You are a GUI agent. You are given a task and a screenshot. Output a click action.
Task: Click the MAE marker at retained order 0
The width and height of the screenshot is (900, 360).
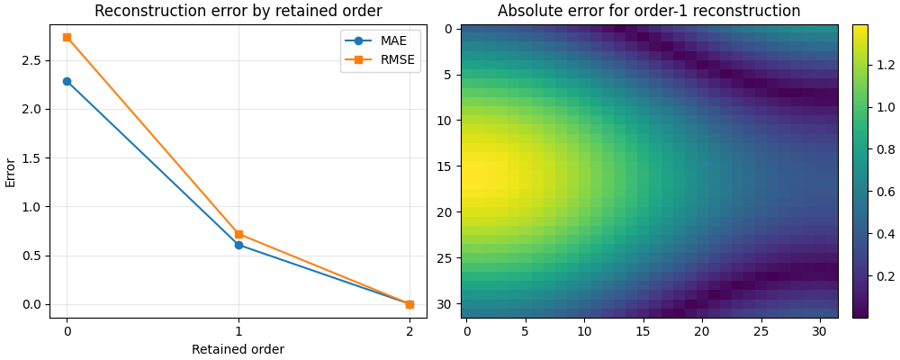coord(67,81)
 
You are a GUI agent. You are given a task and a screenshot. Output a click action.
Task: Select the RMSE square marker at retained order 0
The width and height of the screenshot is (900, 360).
coord(67,37)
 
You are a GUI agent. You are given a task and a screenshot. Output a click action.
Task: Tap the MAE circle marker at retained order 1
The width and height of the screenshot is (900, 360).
coord(238,245)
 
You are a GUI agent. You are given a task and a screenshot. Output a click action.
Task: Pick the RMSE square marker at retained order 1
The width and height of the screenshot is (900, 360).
coord(238,234)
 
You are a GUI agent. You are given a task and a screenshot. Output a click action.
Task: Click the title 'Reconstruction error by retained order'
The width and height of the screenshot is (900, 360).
coord(238,12)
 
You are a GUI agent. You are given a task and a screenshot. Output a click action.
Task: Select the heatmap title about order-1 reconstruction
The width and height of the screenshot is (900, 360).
coord(649,12)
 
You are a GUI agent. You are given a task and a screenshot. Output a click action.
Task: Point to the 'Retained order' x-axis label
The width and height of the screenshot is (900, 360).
coord(238,349)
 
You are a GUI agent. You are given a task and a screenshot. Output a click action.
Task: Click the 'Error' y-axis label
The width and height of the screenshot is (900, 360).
coord(11,172)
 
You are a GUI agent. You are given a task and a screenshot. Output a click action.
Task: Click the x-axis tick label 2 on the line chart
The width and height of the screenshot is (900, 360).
coord(409,330)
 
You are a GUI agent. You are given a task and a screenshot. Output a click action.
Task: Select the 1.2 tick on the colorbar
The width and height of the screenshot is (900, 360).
coord(885,64)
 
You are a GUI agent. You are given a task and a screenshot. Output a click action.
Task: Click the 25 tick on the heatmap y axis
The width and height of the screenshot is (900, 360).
coord(448,257)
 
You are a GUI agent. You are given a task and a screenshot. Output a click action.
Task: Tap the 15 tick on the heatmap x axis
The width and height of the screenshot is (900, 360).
coord(643,330)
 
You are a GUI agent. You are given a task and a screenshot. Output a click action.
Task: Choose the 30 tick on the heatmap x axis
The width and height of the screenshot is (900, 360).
coord(820,330)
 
